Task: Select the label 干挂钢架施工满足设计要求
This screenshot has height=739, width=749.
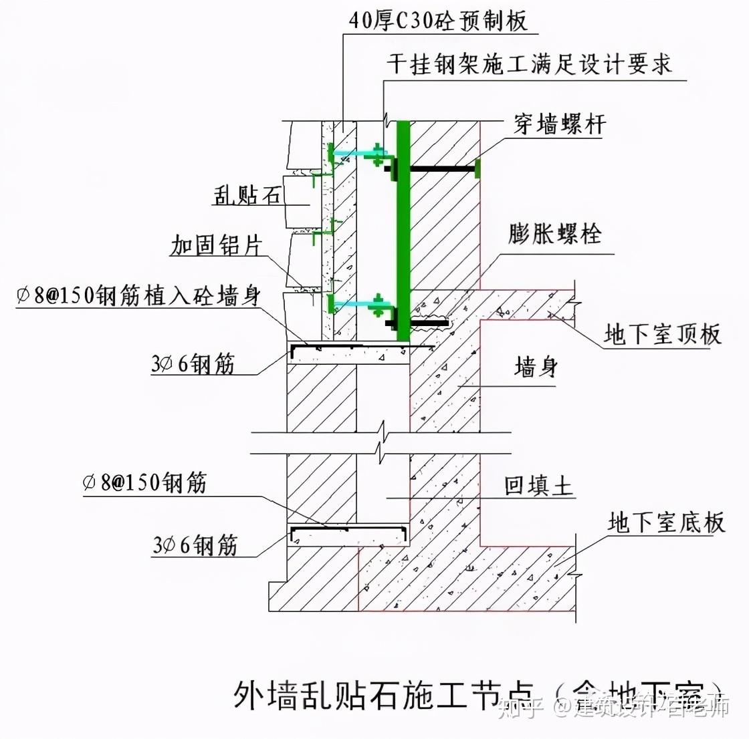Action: (528, 64)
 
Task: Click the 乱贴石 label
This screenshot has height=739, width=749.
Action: (246, 194)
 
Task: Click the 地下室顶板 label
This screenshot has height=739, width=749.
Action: (663, 333)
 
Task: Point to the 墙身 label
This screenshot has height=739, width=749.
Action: (536, 366)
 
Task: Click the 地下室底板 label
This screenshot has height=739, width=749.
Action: (666, 522)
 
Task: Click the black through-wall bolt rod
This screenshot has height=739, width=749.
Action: (441, 168)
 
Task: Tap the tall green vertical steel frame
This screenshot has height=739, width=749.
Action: (403, 227)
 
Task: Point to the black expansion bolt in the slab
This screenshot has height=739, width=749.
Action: (428, 323)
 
